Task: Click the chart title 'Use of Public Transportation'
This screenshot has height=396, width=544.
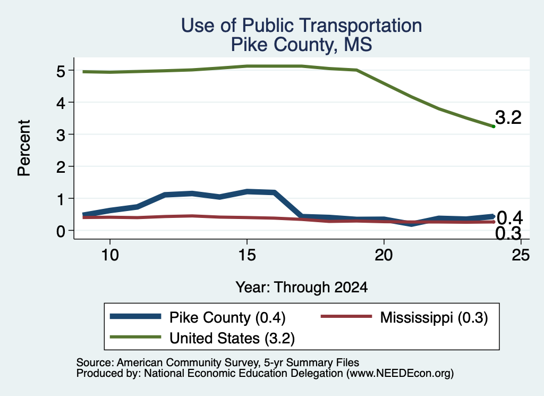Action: click(302, 26)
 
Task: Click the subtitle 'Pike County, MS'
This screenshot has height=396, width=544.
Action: click(302, 45)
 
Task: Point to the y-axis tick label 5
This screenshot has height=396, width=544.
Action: click(61, 71)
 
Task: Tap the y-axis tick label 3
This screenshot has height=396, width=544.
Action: click(61, 135)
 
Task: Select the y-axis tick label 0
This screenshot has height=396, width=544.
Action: click(61, 231)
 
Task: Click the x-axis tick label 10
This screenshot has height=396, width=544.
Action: click(110, 255)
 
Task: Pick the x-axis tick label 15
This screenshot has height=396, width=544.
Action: click(247, 255)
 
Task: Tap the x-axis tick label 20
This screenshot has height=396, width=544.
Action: click(384, 255)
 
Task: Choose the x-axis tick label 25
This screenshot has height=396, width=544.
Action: click(521, 255)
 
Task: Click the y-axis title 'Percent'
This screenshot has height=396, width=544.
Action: click(24, 148)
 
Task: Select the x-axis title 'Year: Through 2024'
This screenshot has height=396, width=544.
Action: click(302, 288)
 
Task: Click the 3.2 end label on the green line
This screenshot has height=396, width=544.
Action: click(508, 117)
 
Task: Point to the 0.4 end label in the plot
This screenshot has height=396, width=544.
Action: click(509, 218)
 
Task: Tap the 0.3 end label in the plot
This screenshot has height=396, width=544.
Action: click(508, 233)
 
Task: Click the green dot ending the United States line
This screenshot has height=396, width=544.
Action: click(494, 127)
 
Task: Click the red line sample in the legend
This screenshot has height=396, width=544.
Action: click(346, 316)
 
